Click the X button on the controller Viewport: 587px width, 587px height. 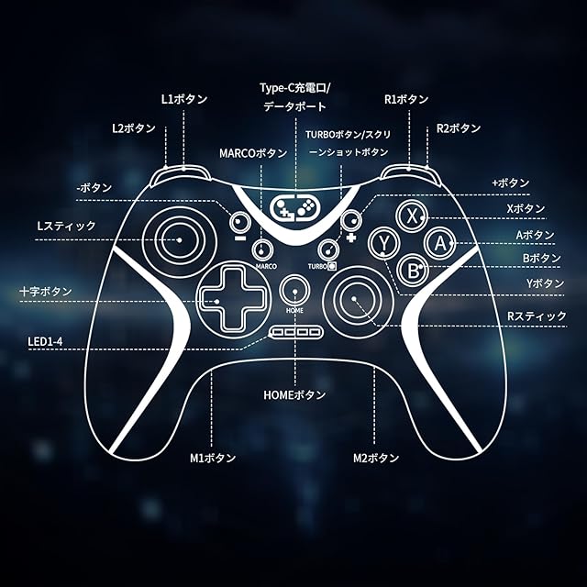pyautogui.click(x=413, y=216)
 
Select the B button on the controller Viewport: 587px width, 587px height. pyautogui.click(x=414, y=270)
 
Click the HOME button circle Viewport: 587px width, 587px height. pyautogui.click(x=294, y=287)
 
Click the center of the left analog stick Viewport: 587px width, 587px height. pyautogui.click(x=180, y=240)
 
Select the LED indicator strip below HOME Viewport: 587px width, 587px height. pyautogui.click(x=294, y=332)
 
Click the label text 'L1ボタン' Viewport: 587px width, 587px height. pyautogui.click(x=184, y=99)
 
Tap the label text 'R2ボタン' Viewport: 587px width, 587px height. pyautogui.click(x=459, y=128)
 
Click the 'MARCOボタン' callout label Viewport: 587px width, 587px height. pyautogui.click(x=253, y=152)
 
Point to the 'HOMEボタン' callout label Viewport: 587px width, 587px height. pyautogui.click(x=294, y=395)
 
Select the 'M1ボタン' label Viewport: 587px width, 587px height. pyautogui.click(x=213, y=457)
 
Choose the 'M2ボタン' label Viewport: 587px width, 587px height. pyautogui.click(x=376, y=457)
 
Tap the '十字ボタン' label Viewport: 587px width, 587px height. pyautogui.click(x=46, y=292)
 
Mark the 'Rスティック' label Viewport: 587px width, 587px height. pyautogui.click(x=537, y=316)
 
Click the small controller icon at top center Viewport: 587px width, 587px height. pyautogui.click(x=294, y=207)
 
